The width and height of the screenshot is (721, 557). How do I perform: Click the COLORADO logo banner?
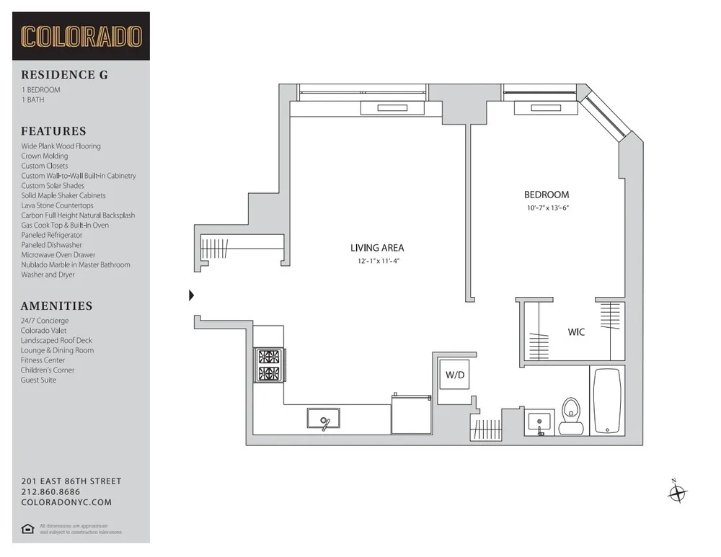[81, 36]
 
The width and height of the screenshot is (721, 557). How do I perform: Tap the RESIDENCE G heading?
[64, 75]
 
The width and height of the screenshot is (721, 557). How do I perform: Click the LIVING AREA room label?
[377, 248]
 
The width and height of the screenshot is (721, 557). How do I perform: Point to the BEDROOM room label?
[546, 195]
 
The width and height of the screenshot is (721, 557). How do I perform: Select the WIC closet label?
[576, 332]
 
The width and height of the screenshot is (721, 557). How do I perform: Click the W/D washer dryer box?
[454, 375]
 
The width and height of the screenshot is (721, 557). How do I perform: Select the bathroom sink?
[539, 421]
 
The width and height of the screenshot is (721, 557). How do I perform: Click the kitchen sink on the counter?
[323, 419]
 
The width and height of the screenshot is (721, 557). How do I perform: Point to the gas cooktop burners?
[270, 365]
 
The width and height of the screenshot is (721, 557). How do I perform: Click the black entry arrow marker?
[192, 295]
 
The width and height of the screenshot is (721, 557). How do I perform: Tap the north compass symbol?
[677, 493]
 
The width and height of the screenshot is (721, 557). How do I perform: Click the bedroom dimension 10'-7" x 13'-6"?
[546, 208]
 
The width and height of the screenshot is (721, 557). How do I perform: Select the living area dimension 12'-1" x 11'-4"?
[377, 261]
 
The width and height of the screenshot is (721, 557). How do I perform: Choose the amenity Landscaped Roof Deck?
[56, 340]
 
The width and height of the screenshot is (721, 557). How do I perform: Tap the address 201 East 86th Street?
[71, 481]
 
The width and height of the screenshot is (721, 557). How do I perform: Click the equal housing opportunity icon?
[27, 529]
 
